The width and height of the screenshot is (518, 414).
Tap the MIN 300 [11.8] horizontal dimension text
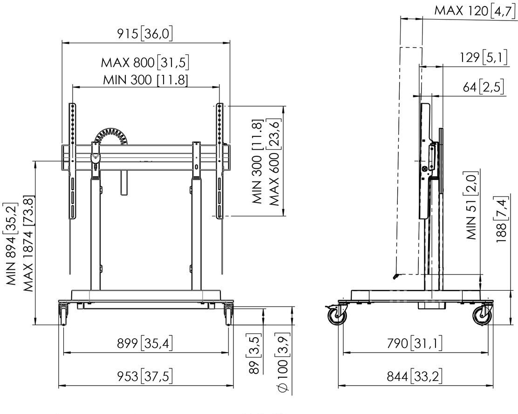pos(145,80)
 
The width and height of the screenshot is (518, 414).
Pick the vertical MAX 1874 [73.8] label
pos(29,244)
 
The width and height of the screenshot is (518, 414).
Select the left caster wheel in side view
pos(337,315)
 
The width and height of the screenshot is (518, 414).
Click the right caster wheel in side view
pos(482,315)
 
